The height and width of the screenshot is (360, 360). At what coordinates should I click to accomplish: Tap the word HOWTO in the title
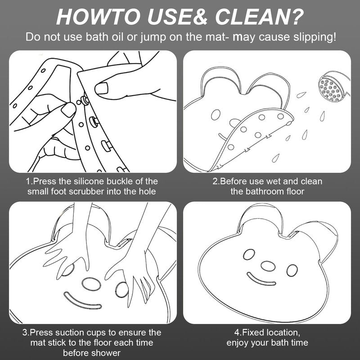point(98,17)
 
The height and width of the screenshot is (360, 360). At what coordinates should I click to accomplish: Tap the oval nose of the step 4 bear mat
point(268,265)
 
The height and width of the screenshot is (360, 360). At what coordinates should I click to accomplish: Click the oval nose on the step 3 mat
point(91,284)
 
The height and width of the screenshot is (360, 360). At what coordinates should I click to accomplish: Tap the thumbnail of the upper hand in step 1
point(102,88)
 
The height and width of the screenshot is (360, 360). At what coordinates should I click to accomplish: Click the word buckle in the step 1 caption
point(120,181)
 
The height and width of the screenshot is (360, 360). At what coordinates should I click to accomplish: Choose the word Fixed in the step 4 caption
point(252,333)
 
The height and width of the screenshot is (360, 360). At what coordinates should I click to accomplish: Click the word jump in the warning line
point(153,38)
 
